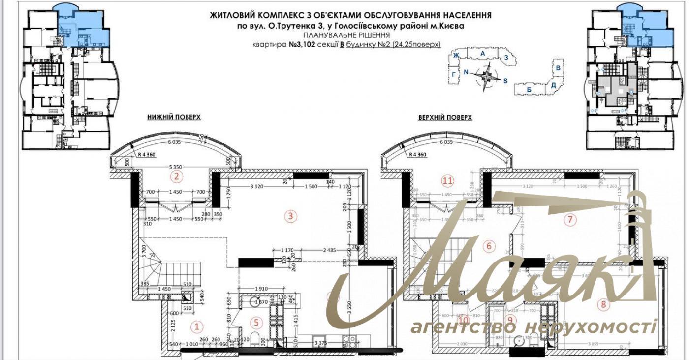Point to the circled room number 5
tap(256, 323)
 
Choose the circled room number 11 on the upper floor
tap(447, 181)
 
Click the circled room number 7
tap(570, 219)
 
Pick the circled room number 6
tap(489, 245)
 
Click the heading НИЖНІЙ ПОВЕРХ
tap(174, 117)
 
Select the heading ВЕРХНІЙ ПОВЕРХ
tap(445, 117)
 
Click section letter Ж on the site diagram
tap(456, 55)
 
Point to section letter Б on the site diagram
tap(529, 90)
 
